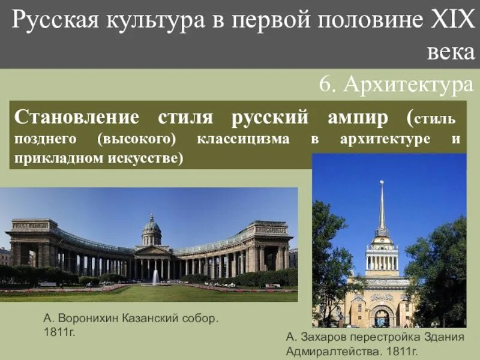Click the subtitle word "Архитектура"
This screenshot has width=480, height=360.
click(x=409, y=85)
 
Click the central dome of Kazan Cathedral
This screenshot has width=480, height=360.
click(x=152, y=227)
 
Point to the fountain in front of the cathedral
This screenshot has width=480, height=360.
click(x=155, y=277)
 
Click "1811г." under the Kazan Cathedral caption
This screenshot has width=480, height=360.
click(x=59, y=332)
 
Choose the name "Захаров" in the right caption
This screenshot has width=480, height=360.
click(x=323, y=337)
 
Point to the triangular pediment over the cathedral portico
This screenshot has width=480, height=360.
click(x=152, y=250)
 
